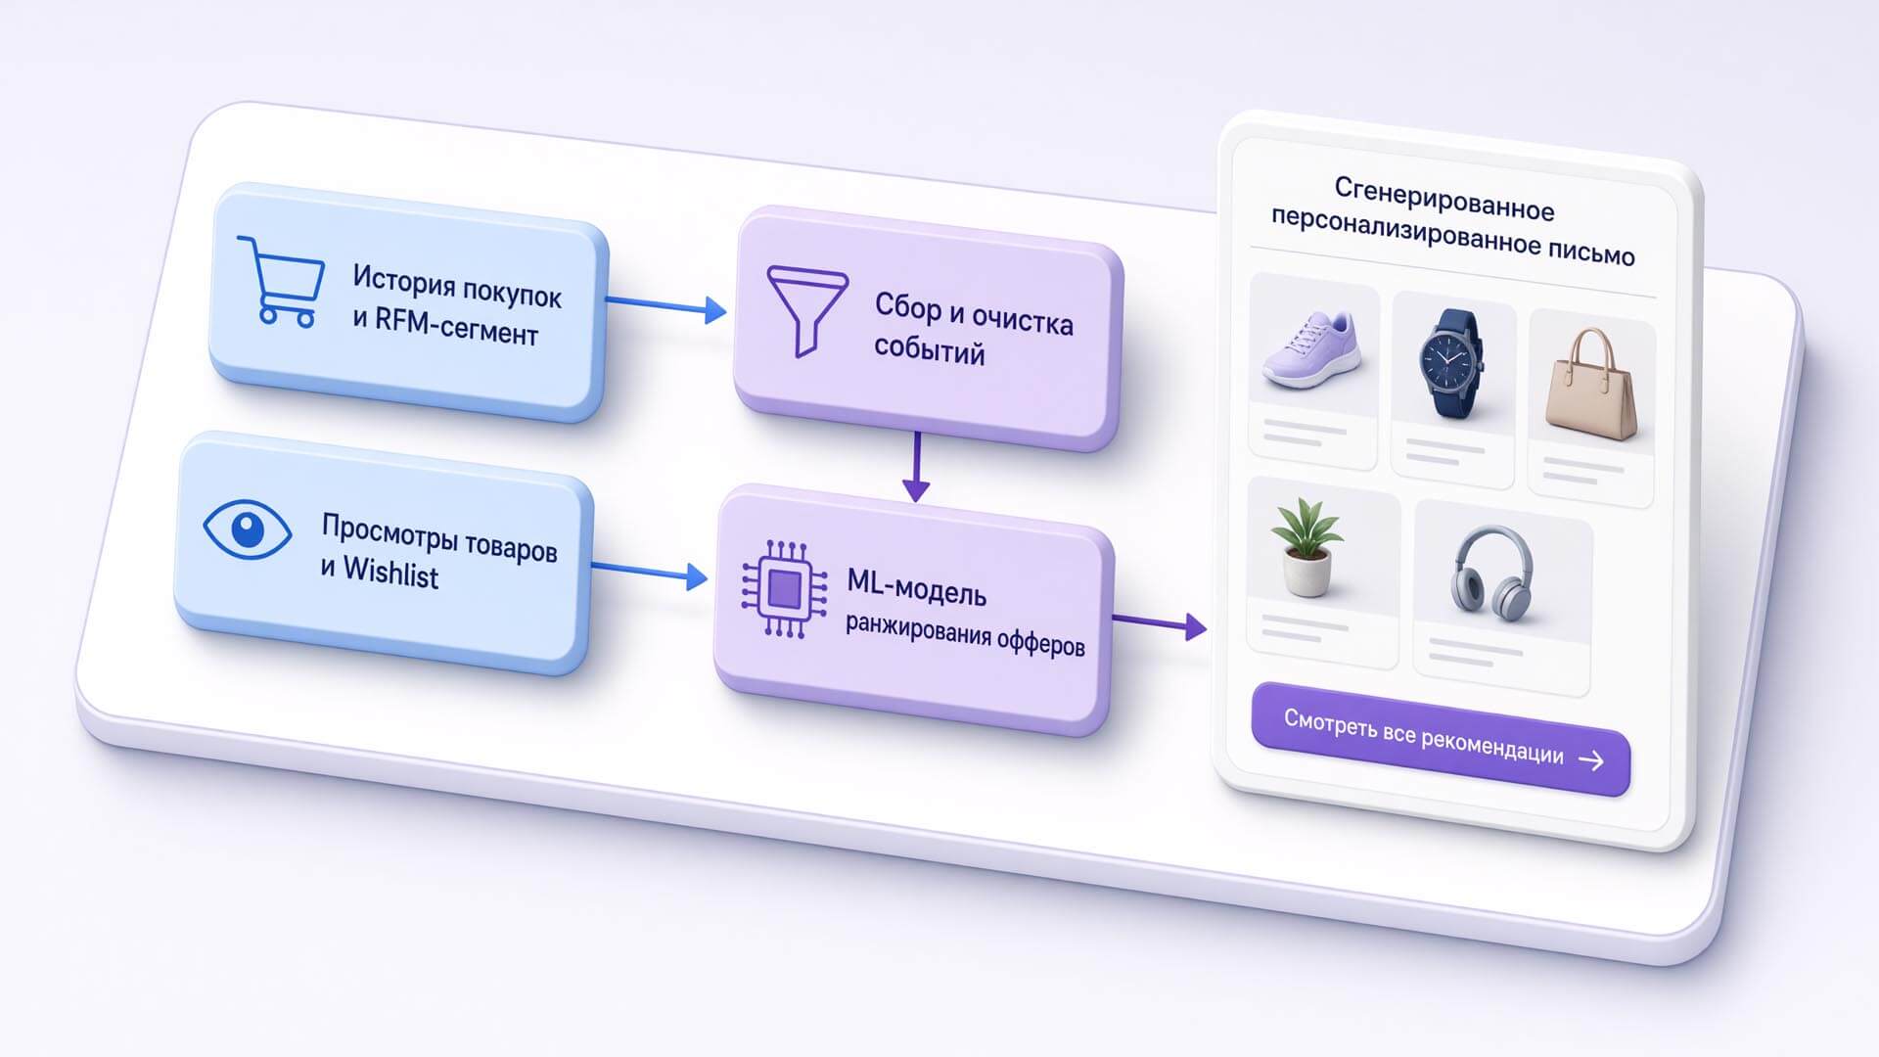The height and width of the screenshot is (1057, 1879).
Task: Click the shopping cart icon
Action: (x=281, y=281)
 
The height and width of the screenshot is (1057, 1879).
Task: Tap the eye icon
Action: (x=248, y=529)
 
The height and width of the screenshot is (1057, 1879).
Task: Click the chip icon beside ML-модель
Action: (x=784, y=589)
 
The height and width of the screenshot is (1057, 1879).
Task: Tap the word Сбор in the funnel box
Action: (x=907, y=306)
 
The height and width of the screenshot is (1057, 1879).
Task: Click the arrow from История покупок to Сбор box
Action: (x=666, y=305)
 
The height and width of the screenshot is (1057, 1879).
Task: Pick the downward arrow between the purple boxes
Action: (x=916, y=467)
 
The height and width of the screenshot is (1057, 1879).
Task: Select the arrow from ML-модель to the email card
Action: (x=1160, y=623)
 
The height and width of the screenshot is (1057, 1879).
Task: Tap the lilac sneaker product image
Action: (x=1312, y=348)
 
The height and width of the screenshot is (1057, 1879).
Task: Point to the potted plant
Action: (x=1306, y=546)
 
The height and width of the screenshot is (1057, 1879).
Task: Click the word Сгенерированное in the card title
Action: (x=1444, y=199)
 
